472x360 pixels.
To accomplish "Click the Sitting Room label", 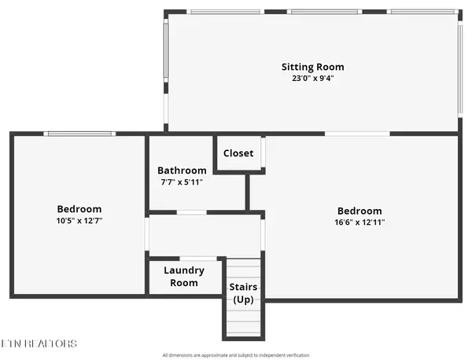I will [x=313, y=67].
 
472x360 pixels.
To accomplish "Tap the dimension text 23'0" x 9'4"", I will [x=313, y=78].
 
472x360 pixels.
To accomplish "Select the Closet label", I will [x=238, y=153].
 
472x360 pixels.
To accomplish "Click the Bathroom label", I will [x=182, y=171].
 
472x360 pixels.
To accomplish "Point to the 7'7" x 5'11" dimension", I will [x=182, y=182].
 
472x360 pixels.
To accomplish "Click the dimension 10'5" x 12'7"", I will [x=79, y=221].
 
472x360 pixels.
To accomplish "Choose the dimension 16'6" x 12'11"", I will [x=360, y=222].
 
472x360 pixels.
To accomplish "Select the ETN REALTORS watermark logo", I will [x=39, y=343].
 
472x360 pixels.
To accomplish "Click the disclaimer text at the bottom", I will [x=236, y=354].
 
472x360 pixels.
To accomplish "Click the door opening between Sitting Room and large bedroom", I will [x=357, y=134].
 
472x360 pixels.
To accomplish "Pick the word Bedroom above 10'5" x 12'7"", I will [x=79, y=209].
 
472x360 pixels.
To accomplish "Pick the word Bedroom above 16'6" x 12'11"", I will [x=360, y=211].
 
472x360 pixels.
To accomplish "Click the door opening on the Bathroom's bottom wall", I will [x=191, y=212].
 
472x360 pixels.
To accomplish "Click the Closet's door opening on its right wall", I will [x=263, y=154].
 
